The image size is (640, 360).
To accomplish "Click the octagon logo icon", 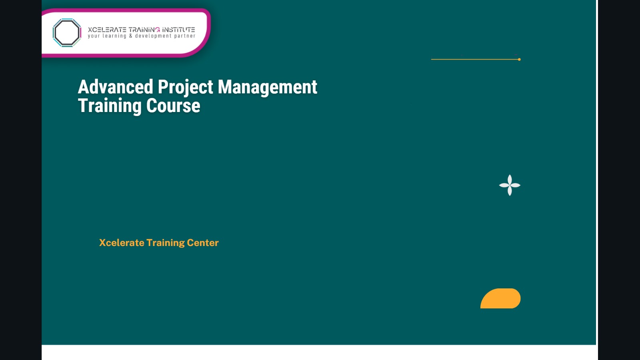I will click(x=67, y=33).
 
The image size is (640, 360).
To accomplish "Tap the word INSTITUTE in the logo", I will click(x=178, y=30).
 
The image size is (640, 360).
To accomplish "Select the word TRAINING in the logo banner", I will click(x=144, y=30).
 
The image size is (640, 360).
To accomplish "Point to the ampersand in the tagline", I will click(x=130, y=36).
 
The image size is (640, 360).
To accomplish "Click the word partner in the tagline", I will click(x=184, y=36).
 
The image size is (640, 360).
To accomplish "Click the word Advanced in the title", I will click(x=116, y=87).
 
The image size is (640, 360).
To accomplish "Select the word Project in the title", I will click(x=186, y=87).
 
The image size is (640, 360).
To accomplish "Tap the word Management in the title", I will click(x=267, y=87).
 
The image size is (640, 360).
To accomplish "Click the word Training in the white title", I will click(x=110, y=106).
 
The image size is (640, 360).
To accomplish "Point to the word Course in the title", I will click(x=173, y=106).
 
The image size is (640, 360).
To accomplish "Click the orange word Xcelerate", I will click(x=122, y=243).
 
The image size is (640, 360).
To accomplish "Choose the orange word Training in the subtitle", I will click(x=166, y=243).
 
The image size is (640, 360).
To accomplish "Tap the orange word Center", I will click(x=203, y=243).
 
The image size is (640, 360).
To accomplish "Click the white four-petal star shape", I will click(x=510, y=185).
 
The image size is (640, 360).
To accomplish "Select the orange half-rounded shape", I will click(x=501, y=299).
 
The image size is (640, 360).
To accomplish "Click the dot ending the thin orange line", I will click(x=519, y=60).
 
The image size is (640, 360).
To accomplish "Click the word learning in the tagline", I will click(x=114, y=36).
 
